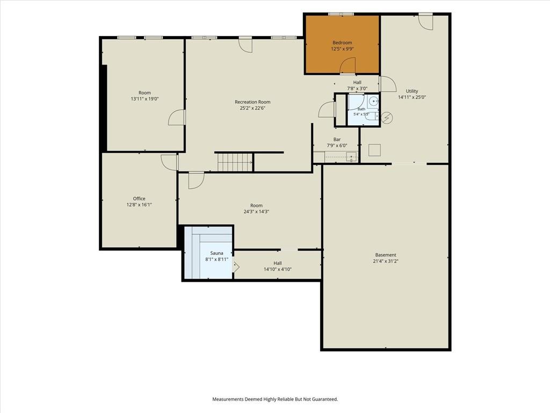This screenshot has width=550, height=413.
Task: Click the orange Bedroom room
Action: (x=342, y=44)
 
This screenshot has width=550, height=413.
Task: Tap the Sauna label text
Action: (x=216, y=253)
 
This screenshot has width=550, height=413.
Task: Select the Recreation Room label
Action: (x=252, y=102)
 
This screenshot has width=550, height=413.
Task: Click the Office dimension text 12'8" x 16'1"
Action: (x=139, y=205)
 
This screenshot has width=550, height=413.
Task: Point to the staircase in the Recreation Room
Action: (x=235, y=162)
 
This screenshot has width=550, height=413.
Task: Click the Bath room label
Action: (x=361, y=109)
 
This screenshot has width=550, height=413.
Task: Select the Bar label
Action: (x=337, y=139)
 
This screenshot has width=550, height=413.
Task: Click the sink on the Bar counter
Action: (x=351, y=156)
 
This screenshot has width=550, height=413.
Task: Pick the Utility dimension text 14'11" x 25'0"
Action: (x=412, y=97)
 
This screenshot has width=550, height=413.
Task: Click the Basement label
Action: (x=386, y=255)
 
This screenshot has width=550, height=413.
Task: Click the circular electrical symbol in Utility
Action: (x=387, y=118)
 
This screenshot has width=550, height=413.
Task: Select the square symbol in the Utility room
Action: (x=374, y=150)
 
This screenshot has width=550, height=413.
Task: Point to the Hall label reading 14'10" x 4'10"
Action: (x=278, y=269)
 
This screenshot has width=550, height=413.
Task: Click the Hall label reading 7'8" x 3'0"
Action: (x=357, y=89)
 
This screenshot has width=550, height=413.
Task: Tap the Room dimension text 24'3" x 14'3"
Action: (x=256, y=212)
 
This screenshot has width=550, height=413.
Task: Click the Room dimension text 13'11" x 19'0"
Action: (x=145, y=99)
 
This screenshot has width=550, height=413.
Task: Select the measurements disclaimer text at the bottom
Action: (x=275, y=400)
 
